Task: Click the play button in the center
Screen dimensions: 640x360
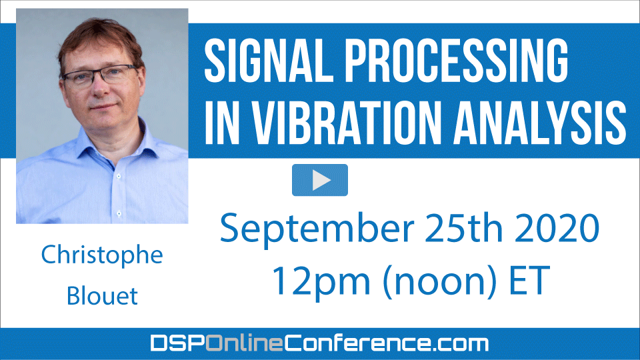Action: click(x=320, y=180)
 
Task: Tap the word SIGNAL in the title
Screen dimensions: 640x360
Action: click(x=269, y=61)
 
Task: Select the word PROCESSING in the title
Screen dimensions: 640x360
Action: click(x=457, y=61)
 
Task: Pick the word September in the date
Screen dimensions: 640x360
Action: click(x=317, y=229)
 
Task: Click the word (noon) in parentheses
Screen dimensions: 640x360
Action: click(x=440, y=281)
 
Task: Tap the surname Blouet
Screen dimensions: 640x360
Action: click(x=102, y=295)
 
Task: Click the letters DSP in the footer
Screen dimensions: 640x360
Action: click(x=177, y=343)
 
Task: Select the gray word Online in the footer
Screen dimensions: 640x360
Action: click(x=244, y=343)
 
